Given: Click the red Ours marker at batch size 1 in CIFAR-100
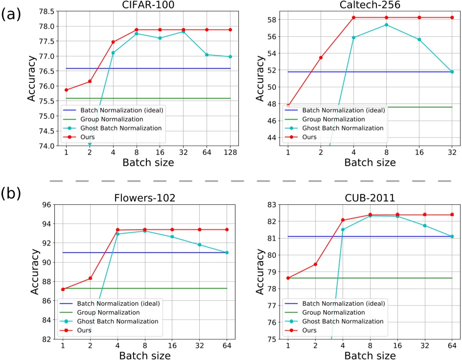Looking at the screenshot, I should tap(66, 90).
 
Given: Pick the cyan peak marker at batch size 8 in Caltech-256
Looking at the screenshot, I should tap(387, 24).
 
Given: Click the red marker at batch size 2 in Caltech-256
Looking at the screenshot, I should tap(321, 57).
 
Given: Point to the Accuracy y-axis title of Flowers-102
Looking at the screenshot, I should tap(35, 271).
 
